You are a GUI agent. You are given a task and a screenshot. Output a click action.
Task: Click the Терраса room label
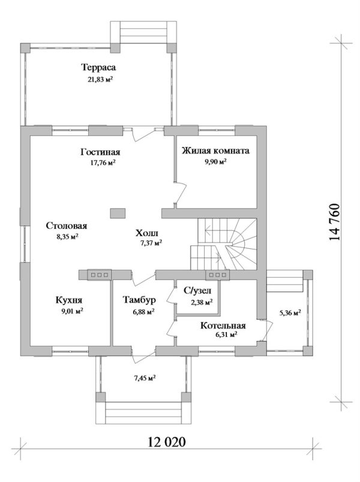pyautogui.click(x=98, y=68)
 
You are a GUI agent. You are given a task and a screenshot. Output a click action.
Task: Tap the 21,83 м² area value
pyautogui.click(x=100, y=79)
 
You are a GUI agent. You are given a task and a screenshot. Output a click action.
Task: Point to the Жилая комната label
pyautogui.click(x=215, y=150)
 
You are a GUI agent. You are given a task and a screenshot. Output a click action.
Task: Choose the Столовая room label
pyautogui.click(x=67, y=226)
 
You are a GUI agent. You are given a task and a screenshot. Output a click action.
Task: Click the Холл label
pyautogui.click(x=148, y=232)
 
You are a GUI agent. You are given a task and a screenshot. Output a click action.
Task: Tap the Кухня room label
pyautogui.click(x=69, y=300)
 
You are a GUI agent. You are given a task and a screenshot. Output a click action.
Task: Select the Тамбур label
pyautogui.click(x=139, y=300)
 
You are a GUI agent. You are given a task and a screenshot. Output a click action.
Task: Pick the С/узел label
pyautogui.click(x=197, y=291)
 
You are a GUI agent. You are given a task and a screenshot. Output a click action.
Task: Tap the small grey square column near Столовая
pyautogui.click(x=117, y=213)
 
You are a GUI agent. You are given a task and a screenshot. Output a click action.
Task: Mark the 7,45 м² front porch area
pyautogui.click(x=143, y=378)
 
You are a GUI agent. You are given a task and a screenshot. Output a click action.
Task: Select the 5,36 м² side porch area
pyautogui.click(x=290, y=312)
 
